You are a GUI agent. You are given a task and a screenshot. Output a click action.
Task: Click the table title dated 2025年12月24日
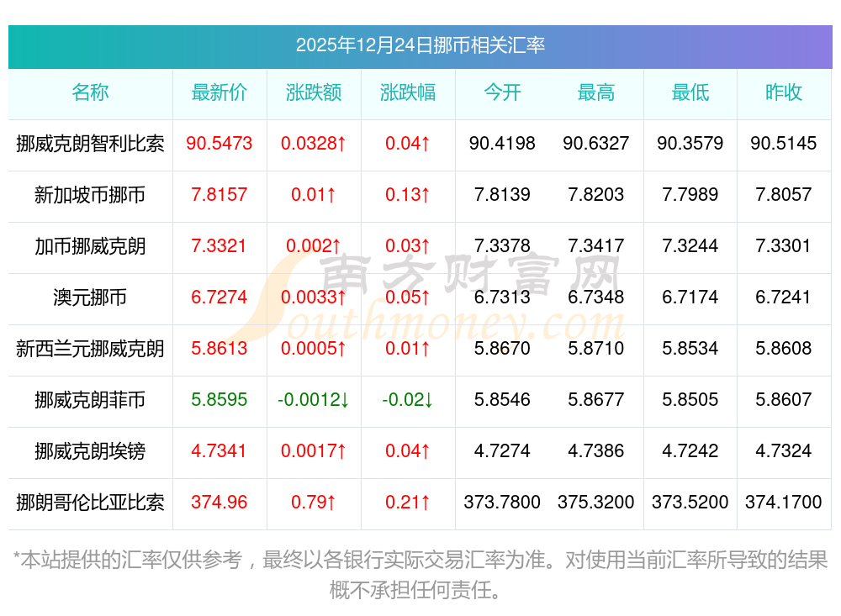click(x=420, y=45)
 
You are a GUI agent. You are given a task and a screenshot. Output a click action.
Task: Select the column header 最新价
click(x=220, y=93)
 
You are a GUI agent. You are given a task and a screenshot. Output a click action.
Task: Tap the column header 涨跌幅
click(x=408, y=93)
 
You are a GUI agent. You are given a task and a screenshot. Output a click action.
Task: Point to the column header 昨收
click(x=784, y=93)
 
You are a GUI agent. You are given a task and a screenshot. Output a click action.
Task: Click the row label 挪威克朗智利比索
click(x=90, y=144)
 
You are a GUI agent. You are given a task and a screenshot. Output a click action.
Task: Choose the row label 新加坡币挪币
click(x=90, y=195)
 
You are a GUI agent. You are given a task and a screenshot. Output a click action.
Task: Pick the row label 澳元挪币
click(x=90, y=297)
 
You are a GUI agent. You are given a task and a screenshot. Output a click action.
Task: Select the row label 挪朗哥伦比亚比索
click(x=90, y=503)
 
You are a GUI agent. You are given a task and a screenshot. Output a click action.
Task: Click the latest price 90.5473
click(x=220, y=144)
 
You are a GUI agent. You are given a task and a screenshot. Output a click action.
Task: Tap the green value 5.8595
click(x=220, y=400)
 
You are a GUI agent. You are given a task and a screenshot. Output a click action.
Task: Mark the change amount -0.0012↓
click(x=314, y=400)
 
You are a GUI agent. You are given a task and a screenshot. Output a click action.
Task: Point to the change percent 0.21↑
click(x=408, y=503)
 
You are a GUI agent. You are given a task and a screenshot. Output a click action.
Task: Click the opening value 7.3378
click(x=502, y=246)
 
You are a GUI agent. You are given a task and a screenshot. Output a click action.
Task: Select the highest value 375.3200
click(x=596, y=503)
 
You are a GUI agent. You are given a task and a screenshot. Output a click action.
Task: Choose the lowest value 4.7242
click(x=690, y=451)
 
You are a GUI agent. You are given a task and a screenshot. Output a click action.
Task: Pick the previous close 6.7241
click(x=784, y=297)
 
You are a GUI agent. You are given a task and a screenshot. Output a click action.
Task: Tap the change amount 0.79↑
click(x=314, y=503)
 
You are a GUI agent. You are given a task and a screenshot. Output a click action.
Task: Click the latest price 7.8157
click(x=220, y=195)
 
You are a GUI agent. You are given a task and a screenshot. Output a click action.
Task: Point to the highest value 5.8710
click(x=596, y=349)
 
